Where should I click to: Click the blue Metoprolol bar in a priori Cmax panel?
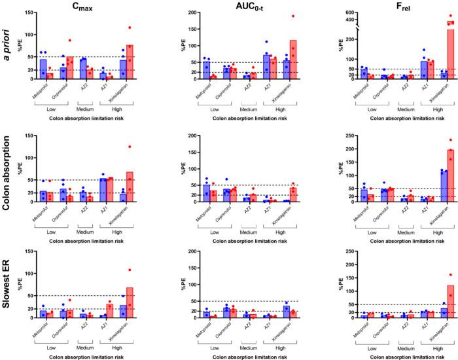click(x=43, y=69)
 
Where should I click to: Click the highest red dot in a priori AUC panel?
click(x=275, y=16)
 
